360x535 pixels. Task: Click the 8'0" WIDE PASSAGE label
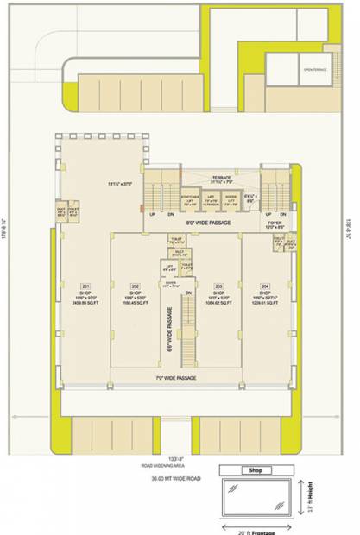point(201,222)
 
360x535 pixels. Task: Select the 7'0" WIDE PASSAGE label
point(177,379)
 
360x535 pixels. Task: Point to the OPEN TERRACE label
point(313,68)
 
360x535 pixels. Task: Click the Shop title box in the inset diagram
point(255,470)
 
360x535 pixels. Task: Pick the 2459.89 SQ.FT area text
point(86,304)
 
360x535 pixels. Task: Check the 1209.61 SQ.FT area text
point(267,304)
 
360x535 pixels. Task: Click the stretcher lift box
point(191,203)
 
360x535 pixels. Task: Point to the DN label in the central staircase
point(188,293)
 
